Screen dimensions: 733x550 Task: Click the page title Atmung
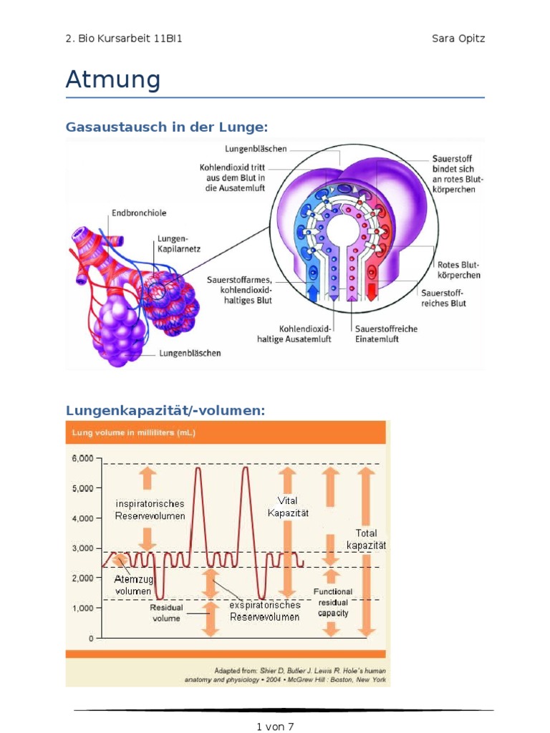(x=113, y=79)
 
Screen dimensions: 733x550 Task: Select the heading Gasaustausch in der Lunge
(x=166, y=127)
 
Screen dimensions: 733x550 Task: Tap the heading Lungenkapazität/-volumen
(x=165, y=410)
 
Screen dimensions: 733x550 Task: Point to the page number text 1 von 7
(x=275, y=727)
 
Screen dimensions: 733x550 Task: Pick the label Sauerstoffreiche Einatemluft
(x=386, y=334)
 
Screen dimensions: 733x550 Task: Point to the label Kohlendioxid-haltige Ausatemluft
(x=294, y=334)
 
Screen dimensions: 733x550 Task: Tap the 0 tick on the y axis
(x=90, y=638)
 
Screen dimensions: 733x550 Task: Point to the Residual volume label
(x=166, y=613)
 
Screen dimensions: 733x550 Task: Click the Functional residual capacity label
(x=333, y=602)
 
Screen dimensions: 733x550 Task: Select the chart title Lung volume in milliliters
(x=133, y=433)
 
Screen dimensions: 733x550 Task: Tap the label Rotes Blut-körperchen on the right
(x=458, y=270)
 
